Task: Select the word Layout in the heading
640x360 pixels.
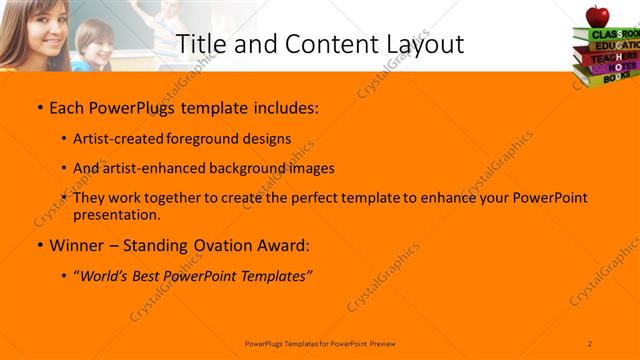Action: pos(423,44)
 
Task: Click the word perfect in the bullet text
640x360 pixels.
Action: pos(308,198)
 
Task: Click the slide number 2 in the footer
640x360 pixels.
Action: pos(590,342)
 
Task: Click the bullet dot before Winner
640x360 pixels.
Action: pos(39,245)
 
